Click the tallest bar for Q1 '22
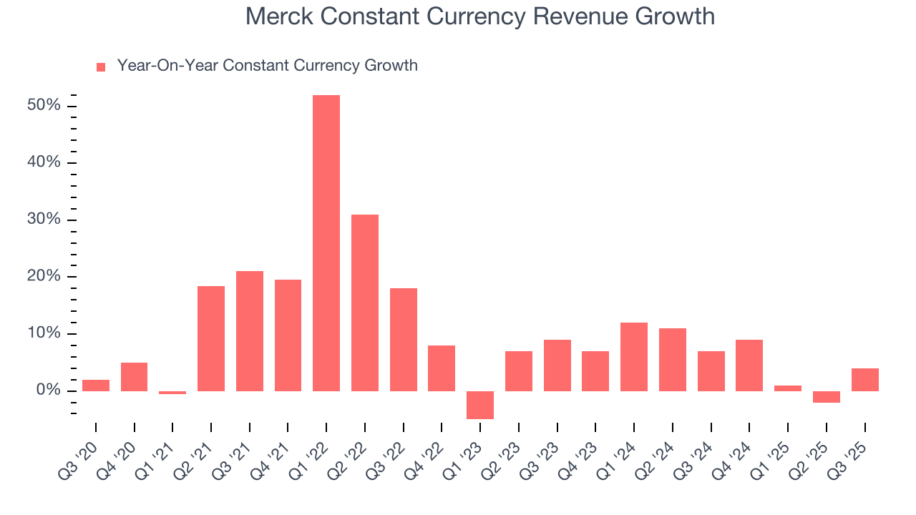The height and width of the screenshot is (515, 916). [x=326, y=243]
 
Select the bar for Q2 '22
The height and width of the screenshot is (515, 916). [x=365, y=303]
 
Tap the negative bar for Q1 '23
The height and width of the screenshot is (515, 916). [x=480, y=405]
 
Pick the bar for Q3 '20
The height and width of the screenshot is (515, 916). [x=96, y=386]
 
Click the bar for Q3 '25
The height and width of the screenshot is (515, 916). [x=864, y=380]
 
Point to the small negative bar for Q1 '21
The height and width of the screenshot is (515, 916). [x=172, y=393]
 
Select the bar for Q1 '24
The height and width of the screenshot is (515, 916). [x=634, y=357]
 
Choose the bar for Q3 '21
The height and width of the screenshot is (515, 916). [x=250, y=331]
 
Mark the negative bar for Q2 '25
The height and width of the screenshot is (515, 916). [x=827, y=397]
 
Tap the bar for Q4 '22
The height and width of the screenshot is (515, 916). [x=442, y=368]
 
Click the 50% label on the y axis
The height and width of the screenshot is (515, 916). [x=44, y=106]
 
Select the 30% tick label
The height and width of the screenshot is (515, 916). [x=44, y=220]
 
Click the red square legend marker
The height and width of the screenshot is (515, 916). [x=101, y=67]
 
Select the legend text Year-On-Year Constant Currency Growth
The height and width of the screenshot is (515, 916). [x=267, y=66]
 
